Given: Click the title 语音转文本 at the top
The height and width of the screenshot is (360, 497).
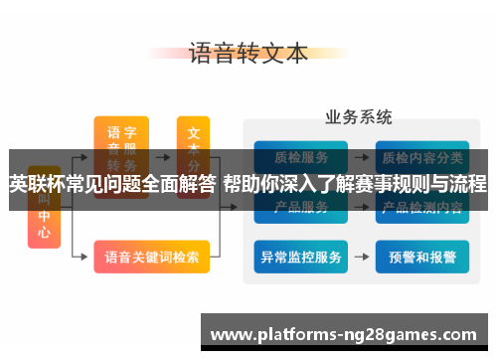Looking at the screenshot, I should click(248, 54).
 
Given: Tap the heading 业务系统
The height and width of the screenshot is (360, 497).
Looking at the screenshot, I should click(358, 118).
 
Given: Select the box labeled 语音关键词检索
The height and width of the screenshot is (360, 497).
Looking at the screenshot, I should click(151, 257).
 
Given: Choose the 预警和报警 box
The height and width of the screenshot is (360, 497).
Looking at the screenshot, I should click(423, 257).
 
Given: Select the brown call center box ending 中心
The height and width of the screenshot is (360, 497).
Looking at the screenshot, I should click(44, 224).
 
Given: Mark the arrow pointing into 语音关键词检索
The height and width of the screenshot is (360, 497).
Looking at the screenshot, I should click(83, 257).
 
